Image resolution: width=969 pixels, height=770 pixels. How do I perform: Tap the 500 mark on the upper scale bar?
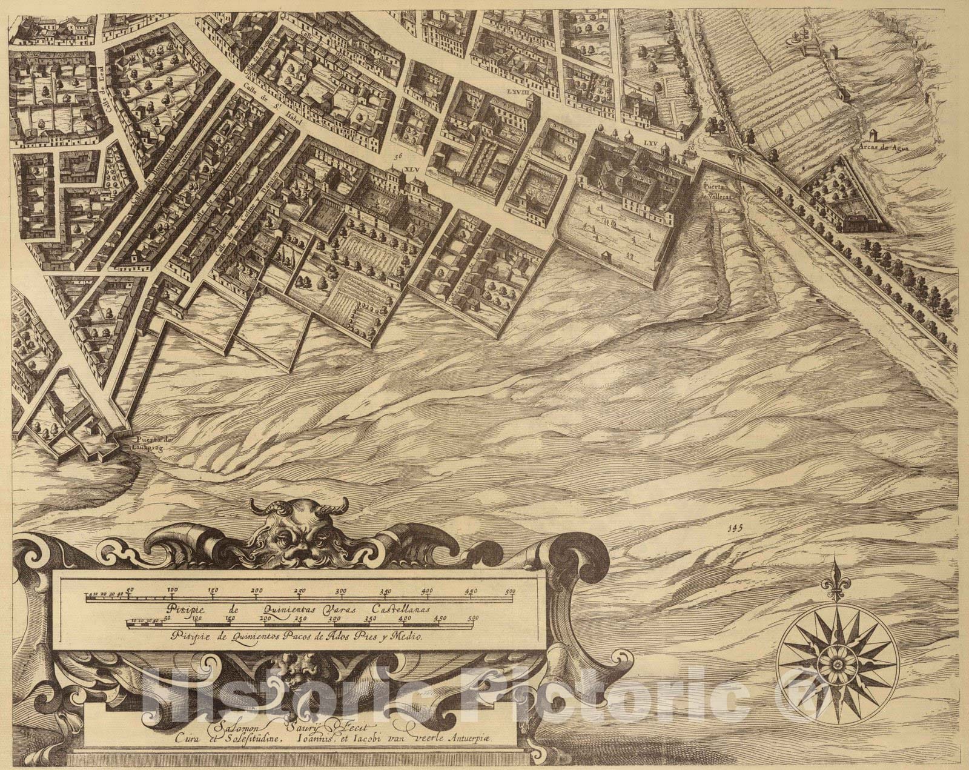click(510, 590)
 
